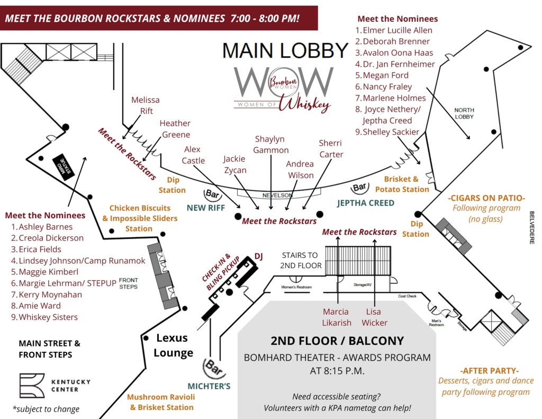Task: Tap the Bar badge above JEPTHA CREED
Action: tap(360, 187)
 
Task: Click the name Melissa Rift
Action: tap(145, 105)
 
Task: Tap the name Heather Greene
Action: tap(175, 129)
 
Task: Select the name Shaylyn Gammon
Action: tap(270, 144)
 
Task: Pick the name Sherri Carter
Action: tap(331, 148)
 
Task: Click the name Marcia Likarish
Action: tap(336, 317)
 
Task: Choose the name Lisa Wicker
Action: tap(374, 317)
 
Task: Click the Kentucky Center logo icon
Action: tap(32, 386)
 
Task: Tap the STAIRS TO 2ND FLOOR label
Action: tap(302, 260)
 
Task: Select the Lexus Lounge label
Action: tap(174, 345)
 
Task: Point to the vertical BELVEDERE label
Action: tap(531, 227)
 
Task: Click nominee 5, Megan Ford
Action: tap(389, 75)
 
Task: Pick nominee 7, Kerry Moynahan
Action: tap(47, 295)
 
